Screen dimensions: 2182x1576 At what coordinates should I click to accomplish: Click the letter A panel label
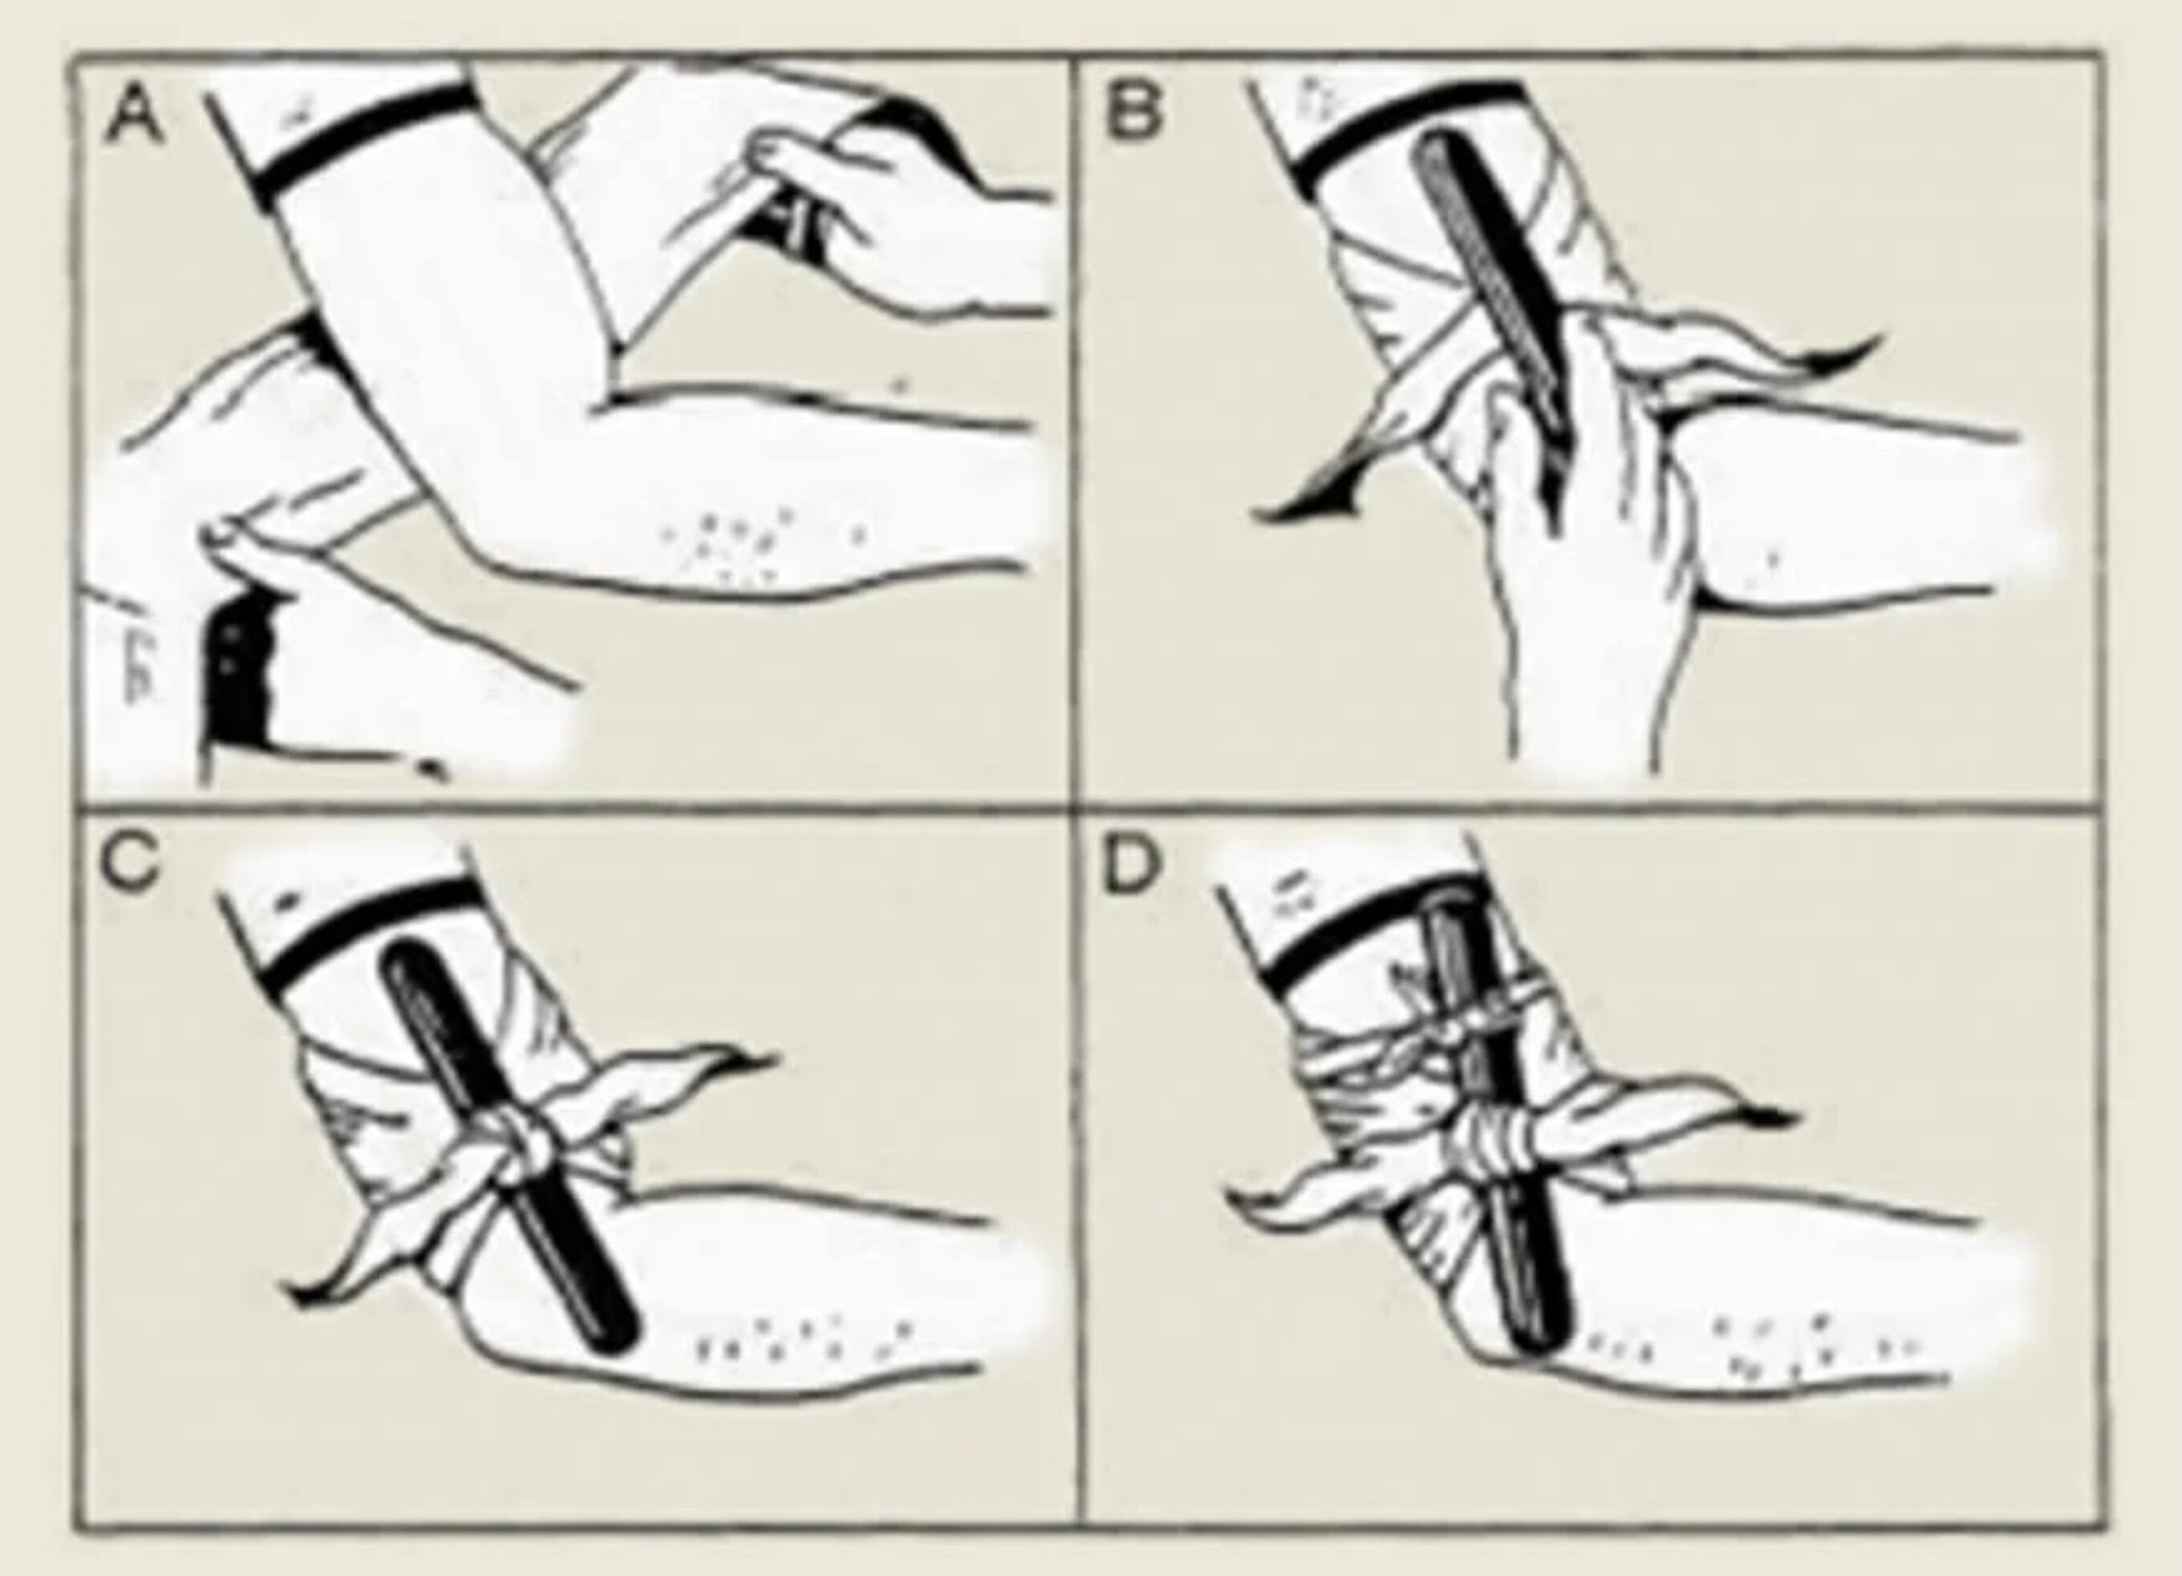[135, 113]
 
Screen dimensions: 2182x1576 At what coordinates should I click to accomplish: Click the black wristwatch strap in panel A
[236, 678]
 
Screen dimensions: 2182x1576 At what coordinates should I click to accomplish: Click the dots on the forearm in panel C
[798, 1342]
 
